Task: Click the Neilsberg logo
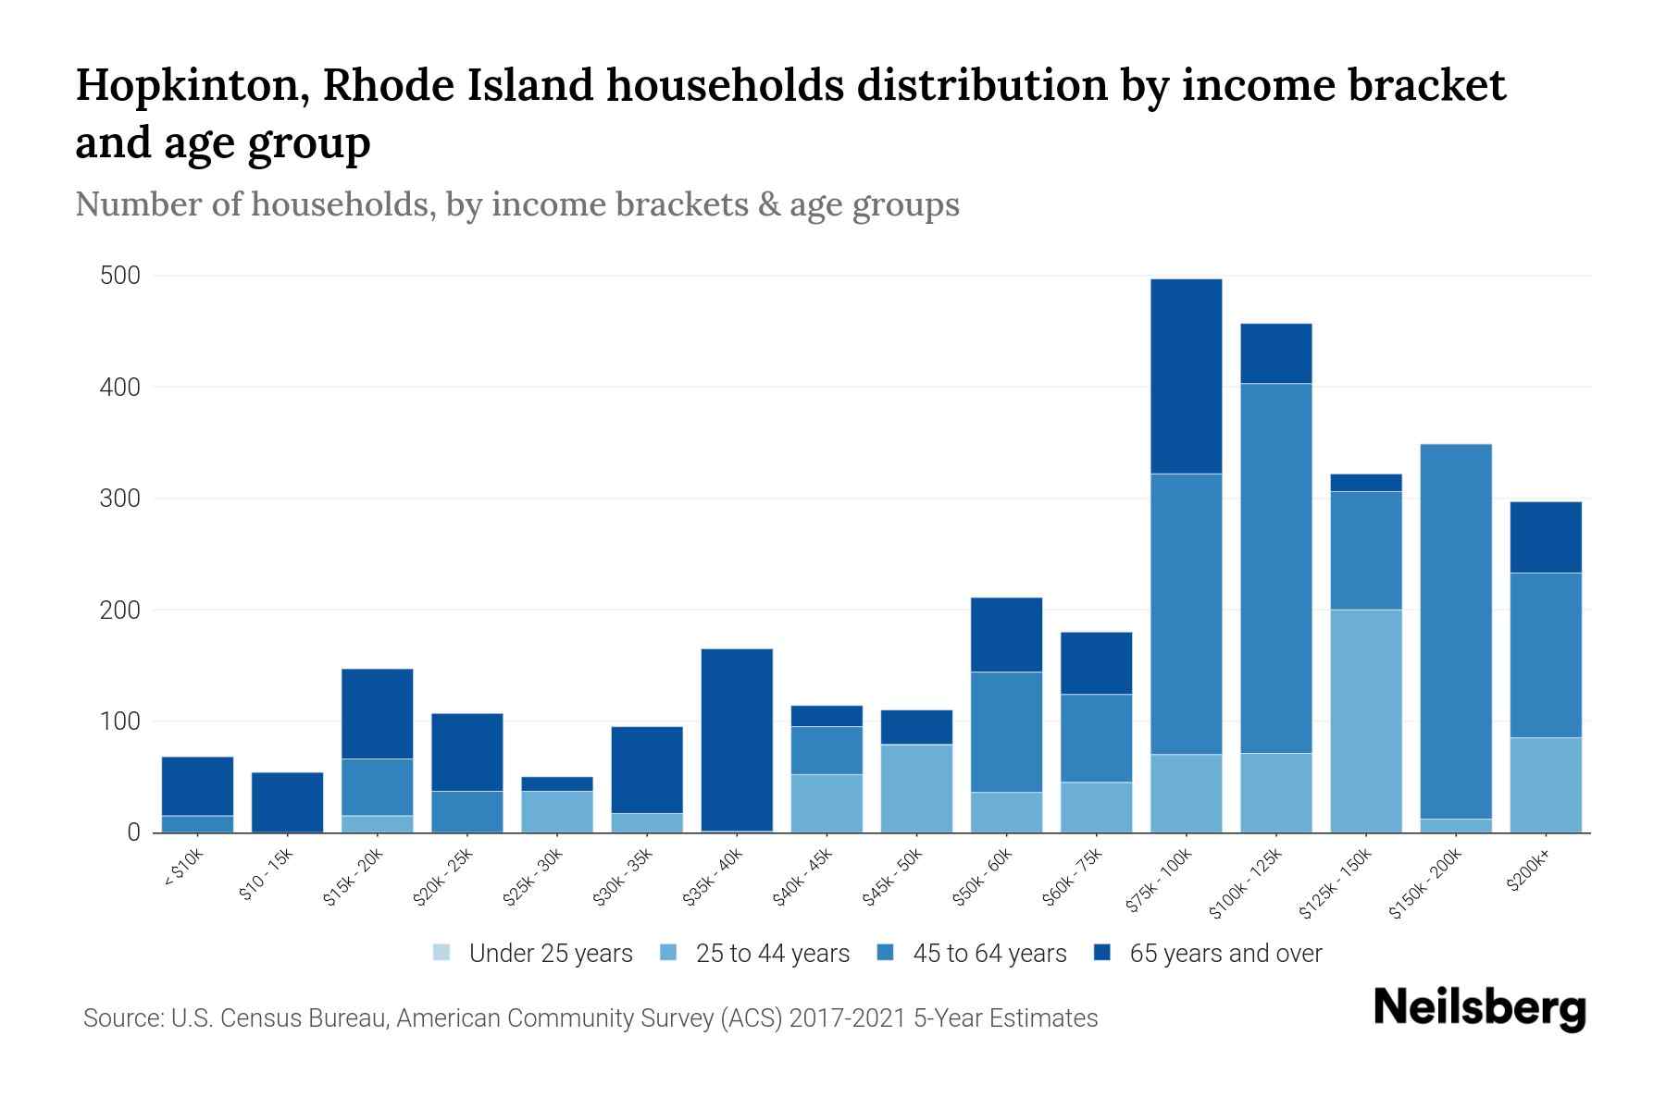[x=1479, y=1008]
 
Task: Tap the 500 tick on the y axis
[x=120, y=277]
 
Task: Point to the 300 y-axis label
[x=120, y=499]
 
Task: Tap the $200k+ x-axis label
[x=1527, y=871]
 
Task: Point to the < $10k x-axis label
[x=182, y=869]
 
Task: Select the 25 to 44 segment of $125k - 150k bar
[x=1365, y=721]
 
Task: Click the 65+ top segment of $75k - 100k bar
[x=1186, y=376]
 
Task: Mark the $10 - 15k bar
[x=287, y=802]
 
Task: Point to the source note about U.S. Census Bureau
[x=590, y=1018]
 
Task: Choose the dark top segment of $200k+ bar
[x=1545, y=537]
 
